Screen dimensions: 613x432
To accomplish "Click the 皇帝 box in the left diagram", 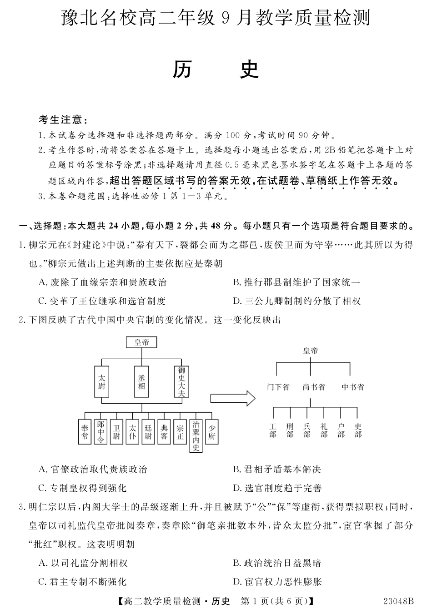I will point(141,342).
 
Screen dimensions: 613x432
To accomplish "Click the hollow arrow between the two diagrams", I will point(232,398).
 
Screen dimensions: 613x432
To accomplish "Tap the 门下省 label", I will point(278,387).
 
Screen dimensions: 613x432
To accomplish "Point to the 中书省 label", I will point(353,387).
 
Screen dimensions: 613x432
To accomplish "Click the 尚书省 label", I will point(314,387).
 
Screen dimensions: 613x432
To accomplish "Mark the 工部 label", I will point(273,430).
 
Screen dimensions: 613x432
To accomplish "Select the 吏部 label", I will point(358,430).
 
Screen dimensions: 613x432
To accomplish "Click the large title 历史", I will point(216,69).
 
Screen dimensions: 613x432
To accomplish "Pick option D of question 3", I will point(277,582).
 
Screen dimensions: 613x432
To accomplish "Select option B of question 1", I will point(296,282).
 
